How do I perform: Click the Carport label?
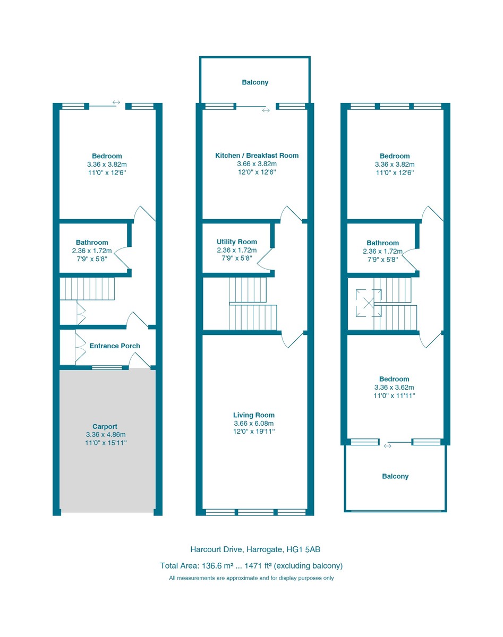click(104, 426)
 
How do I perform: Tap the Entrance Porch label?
click(115, 346)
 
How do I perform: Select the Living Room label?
click(254, 415)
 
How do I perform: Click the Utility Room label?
click(236, 242)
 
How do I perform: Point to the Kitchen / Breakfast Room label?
click(257, 156)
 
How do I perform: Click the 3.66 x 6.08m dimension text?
click(254, 424)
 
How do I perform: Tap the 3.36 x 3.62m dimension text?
click(395, 388)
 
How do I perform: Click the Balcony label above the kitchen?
click(255, 83)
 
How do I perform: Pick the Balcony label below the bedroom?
click(395, 477)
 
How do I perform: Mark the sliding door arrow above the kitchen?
click(266, 110)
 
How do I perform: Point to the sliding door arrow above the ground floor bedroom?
click(116, 102)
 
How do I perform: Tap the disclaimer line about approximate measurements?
click(251, 578)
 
